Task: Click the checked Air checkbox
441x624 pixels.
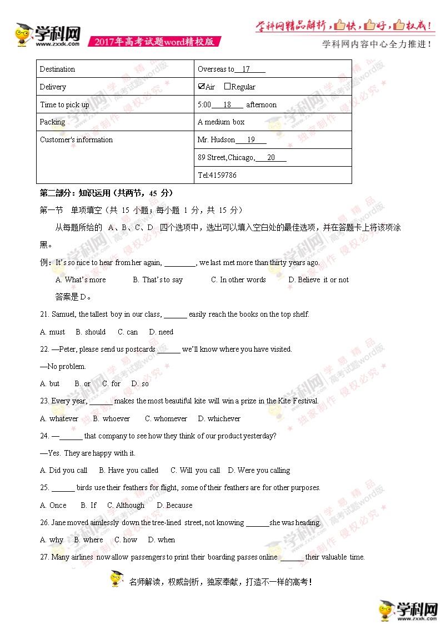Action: (x=201, y=86)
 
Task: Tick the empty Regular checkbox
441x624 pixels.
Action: (x=227, y=86)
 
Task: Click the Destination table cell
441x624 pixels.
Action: (x=58, y=69)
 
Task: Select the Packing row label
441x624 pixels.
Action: (x=53, y=122)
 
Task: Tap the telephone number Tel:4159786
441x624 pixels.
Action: (x=217, y=175)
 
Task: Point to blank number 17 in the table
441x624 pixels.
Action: (x=246, y=69)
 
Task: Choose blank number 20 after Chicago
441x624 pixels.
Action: (x=271, y=158)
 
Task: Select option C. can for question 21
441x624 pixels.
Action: (x=128, y=332)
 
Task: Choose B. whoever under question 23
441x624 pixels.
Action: (x=112, y=418)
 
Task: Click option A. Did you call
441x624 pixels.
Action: (x=64, y=470)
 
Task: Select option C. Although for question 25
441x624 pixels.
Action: (x=126, y=505)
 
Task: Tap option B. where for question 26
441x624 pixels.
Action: (x=89, y=540)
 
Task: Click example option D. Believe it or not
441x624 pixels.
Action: (x=319, y=279)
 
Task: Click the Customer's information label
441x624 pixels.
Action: (x=76, y=139)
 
